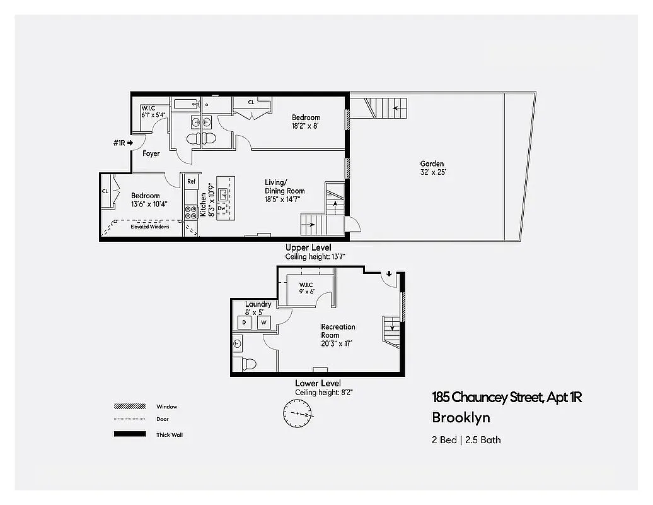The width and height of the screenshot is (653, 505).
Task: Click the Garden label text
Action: click(432, 164)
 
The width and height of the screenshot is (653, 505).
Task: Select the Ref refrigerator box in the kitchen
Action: click(191, 182)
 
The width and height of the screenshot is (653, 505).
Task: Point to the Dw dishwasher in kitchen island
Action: click(222, 206)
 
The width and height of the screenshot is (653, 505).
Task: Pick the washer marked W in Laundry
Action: click(263, 323)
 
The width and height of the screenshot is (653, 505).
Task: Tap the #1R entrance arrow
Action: click(122, 143)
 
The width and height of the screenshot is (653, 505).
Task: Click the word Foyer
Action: click(151, 153)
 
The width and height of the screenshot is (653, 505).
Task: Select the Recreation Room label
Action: click(338, 331)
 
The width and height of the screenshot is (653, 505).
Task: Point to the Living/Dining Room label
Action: click(284, 187)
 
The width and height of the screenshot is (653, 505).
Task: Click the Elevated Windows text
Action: click(149, 227)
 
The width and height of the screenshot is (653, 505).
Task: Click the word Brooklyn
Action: click(461, 418)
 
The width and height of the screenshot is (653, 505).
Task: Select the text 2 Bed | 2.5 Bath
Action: click(466, 439)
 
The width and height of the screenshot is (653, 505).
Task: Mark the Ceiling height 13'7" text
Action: click(308, 256)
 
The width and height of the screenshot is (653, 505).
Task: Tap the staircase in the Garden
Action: click(381, 108)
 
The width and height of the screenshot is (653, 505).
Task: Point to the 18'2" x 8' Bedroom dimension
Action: click(306, 126)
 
